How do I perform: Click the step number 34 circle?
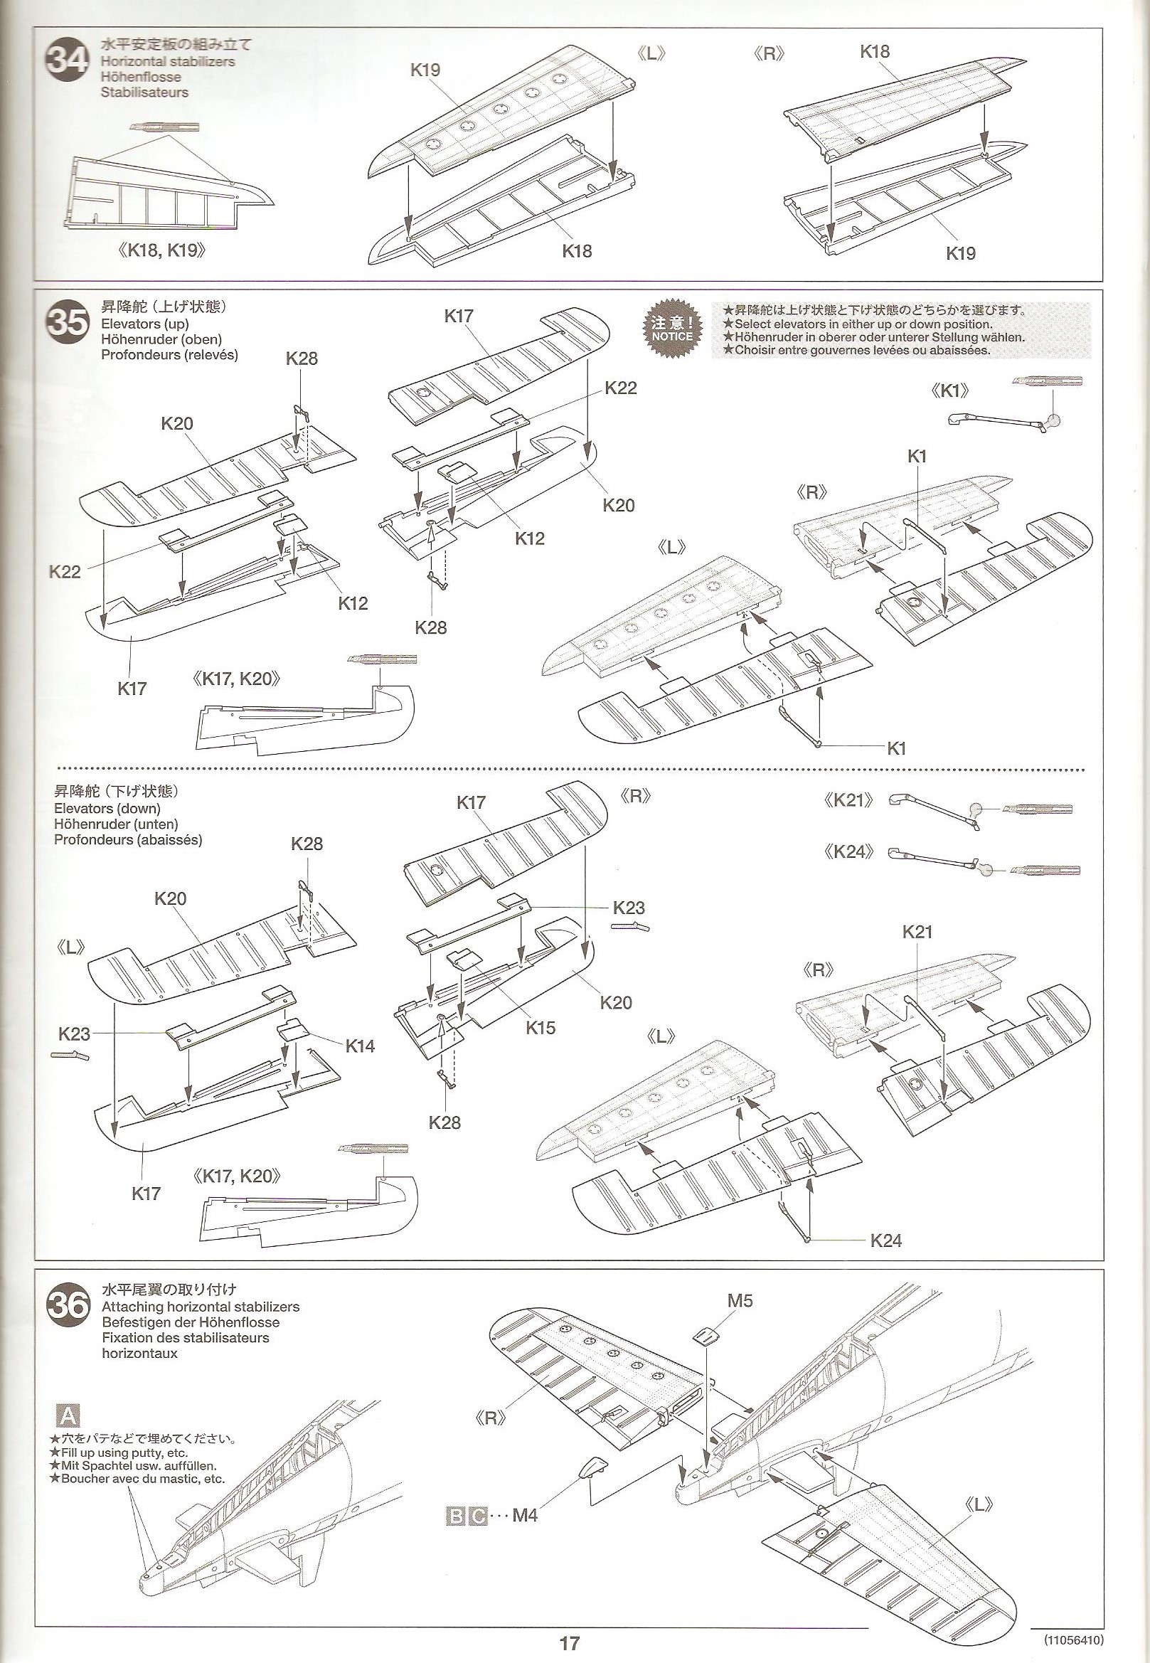click(x=67, y=63)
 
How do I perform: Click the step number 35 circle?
click(x=67, y=324)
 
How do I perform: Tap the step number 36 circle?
click(x=68, y=1306)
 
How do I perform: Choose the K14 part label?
click(x=360, y=1046)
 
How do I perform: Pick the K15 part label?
click(x=541, y=1028)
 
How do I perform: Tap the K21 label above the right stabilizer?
click(x=917, y=932)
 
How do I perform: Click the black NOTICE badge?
click(x=671, y=329)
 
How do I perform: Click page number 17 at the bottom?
click(x=569, y=1637)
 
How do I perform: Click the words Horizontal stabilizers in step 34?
click(x=168, y=61)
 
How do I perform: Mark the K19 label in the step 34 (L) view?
click(x=425, y=70)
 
